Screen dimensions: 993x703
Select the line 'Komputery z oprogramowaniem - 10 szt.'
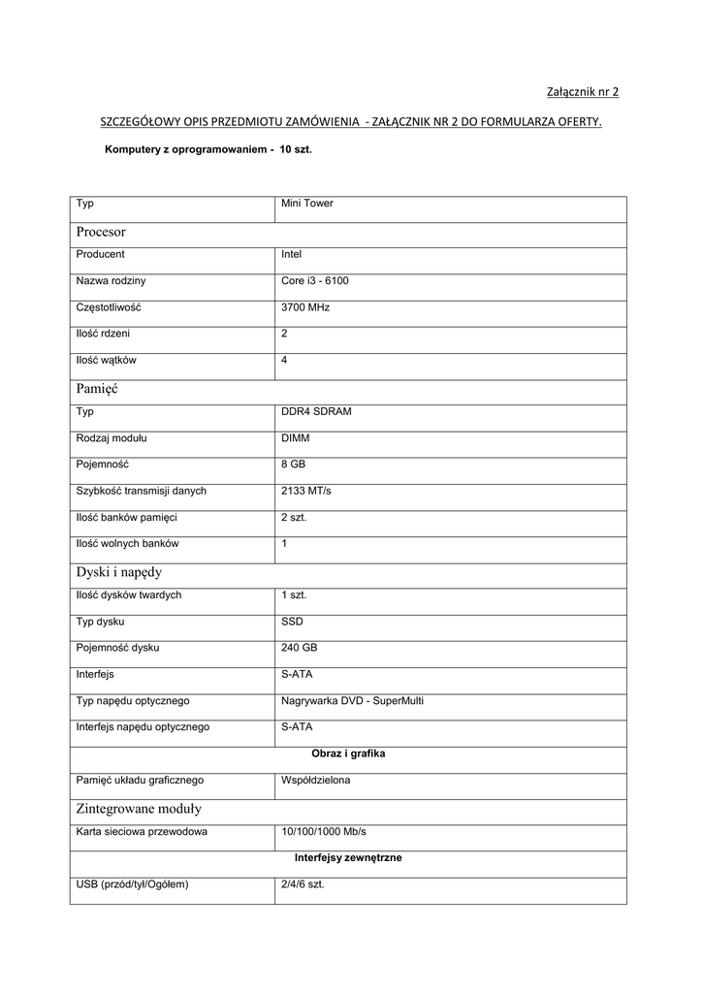click(x=208, y=151)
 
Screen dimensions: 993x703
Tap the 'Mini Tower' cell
click(x=306, y=204)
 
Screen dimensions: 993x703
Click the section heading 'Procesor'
click(x=101, y=232)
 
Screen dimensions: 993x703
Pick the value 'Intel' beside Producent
click(x=291, y=254)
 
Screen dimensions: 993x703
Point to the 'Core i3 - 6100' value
click(x=314, y=281)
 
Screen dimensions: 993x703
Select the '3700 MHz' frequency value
click(x=305, y=307)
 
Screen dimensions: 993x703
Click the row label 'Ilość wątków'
click(x=107, y=360)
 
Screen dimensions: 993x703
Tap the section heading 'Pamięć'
click(x=96, y=388)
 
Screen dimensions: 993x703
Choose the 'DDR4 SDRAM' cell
click(x=316, y=411)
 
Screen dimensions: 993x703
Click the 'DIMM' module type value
click(x=295, y=438)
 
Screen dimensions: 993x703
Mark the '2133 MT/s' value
click(x=305, y=491)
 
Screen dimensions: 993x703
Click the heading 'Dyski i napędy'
click(x=118, y=571)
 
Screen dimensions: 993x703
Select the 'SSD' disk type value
click(x=292, y=621)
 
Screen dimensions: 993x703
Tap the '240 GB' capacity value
click(x=299, y=647)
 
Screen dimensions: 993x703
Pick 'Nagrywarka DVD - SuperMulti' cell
click(x=352, y=700)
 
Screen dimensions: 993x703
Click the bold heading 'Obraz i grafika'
click(x=348, y=753)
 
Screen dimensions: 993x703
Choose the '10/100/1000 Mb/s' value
click(x=323, y=831)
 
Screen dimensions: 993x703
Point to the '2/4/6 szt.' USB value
click(x=303, y=884)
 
